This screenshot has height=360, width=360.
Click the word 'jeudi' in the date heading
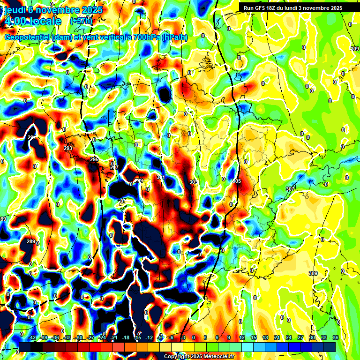[14, 10]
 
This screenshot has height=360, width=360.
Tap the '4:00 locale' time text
[33, 22]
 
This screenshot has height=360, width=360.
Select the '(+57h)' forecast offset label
[81, 21]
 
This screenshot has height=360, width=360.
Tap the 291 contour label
[32, 137]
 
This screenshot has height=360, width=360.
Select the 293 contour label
[68, 148]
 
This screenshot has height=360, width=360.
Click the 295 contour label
[94, 160]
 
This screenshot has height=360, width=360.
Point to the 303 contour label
[193, 182]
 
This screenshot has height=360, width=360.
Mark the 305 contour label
[237, 181]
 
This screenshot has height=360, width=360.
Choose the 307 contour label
[290, 188]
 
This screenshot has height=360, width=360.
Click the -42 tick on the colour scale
[32, 337]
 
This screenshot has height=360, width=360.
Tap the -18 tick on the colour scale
[126, 337]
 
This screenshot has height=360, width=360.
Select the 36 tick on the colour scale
[336, 337]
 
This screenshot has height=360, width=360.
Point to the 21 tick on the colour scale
[277, 337]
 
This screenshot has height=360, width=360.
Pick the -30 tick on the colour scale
[79, 337]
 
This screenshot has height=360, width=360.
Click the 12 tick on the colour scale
[241, 337]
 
